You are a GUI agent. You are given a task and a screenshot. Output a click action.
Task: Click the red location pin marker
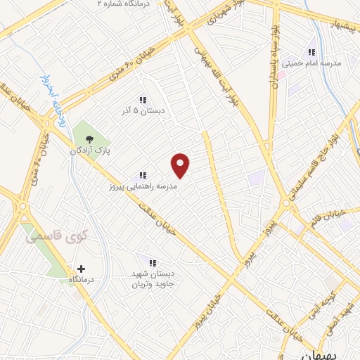[181, 165]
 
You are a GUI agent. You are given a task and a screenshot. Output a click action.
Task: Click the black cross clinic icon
[81, 269]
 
